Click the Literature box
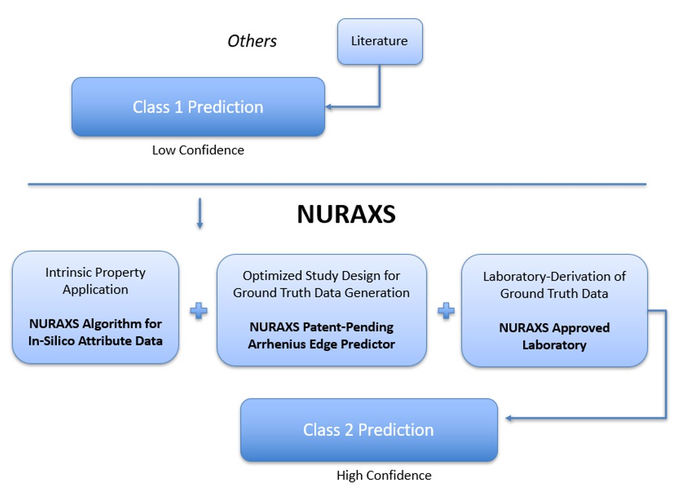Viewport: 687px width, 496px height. click(380, 41)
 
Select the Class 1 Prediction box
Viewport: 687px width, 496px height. click(198, 107)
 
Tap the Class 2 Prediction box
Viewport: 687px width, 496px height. click(369, 430)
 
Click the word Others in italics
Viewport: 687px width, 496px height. click(252, 41)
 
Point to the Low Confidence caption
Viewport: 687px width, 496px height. click(198, 150)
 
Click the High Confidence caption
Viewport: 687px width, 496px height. click(384, 475)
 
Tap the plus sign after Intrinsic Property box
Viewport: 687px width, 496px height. click(199, 311)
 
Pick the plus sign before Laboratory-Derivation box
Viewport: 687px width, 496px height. click(445, 311)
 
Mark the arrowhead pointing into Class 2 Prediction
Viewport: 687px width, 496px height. click(509, 419)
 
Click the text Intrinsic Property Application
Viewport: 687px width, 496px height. click(96, 281)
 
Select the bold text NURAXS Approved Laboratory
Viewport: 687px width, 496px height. click(554, 336)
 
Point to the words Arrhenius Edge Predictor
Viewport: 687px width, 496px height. click(322, 344)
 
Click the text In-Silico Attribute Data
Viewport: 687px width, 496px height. click(96, 340)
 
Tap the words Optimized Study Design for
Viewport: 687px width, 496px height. click(322, 276)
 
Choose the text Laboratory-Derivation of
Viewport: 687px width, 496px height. click(554, 276)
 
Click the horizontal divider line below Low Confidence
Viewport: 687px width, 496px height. click(336, 184)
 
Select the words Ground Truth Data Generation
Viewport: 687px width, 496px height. click(322, 292)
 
